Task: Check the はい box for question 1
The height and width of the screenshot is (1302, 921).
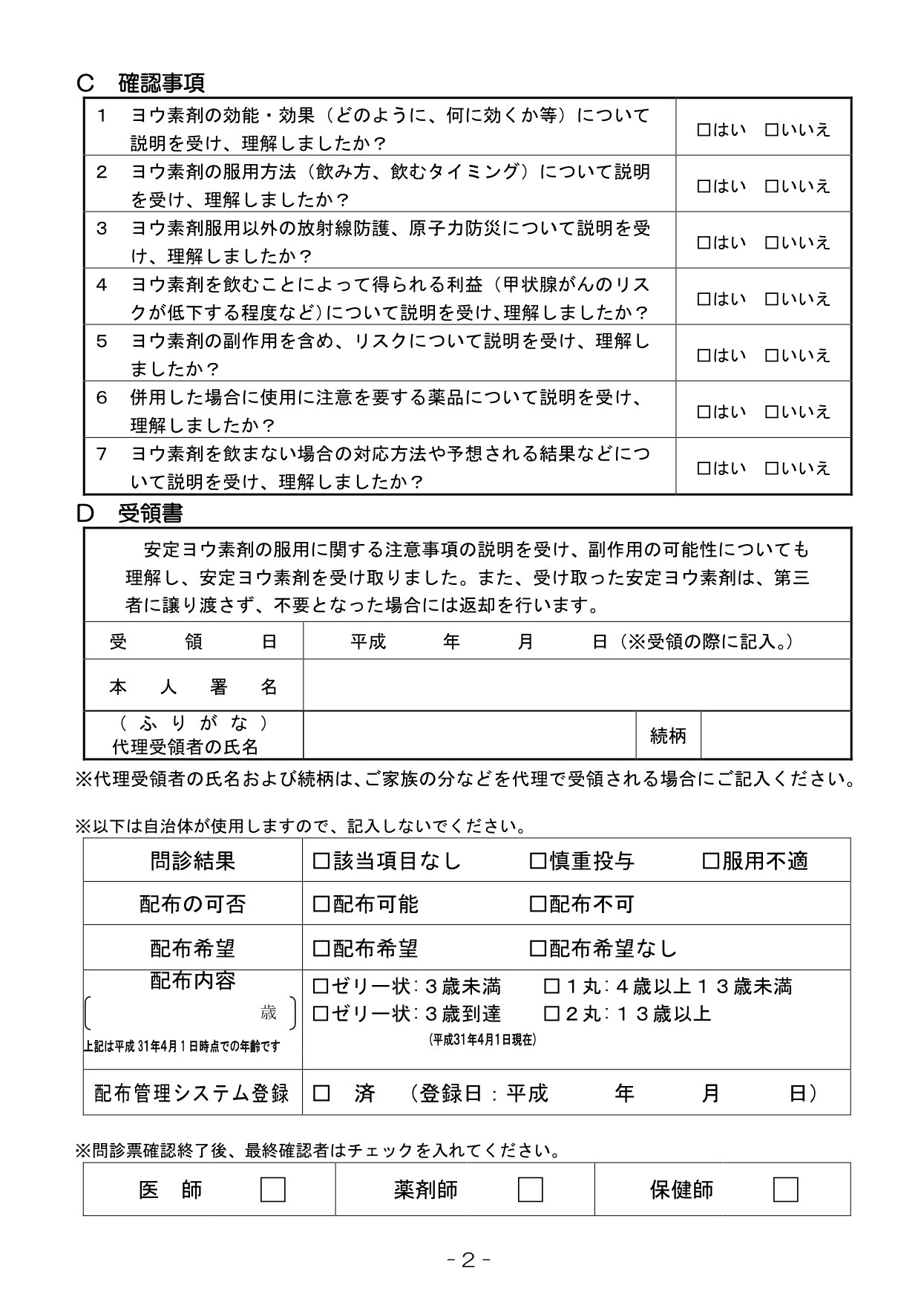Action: pyautogui.click(x=704, y=130)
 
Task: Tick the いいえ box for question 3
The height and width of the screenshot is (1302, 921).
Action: pyautogui.click(x=772, y=243)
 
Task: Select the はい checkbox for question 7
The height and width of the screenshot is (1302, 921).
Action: pyautogui.click(x=704, y=468)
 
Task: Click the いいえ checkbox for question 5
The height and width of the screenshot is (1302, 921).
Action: pyautogui.click(x=772, y=356)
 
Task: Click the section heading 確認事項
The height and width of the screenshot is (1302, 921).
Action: pyautogui.click(x=161, y=83)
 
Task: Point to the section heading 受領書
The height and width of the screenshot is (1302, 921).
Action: pyautogui.click(x=150, y=513)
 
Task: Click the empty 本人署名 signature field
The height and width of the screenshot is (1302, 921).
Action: pyautogui.click(x=576, y=685)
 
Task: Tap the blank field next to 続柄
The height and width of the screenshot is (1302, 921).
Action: pyautogui.click(x=775, y=736)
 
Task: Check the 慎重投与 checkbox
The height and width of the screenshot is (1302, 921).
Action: pyautogui.click(x=537, y=861)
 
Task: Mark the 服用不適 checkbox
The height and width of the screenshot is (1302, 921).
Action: pyautogui.click(x=710, y=861)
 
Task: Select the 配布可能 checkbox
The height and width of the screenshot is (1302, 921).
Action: pyautogui.click(x=321, y=904)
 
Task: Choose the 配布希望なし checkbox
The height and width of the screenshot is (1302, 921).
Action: pyautogui.click(x=537, y=948)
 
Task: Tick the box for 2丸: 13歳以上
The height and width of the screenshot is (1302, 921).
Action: pyautogui.click(x=552, y=1013)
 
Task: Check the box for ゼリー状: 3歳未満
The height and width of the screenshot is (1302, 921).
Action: pyautogui.click(x=321, y=987)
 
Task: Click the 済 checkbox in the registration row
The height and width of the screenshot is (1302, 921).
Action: pyautogui.click(x=321, y=1093)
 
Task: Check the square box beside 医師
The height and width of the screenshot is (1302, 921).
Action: pyautogui.click(x=273, y=1190)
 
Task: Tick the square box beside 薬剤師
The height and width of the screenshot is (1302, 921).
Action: pyautogui.click(x=530, y=1190)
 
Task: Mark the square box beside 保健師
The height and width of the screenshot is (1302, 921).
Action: pyautogui.click(x=785, y=1190)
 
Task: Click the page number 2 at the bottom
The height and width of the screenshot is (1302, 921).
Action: pyautogui.click(x=468, y=1260)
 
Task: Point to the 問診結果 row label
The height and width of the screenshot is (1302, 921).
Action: pyautogui.click(x=192, y=861)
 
